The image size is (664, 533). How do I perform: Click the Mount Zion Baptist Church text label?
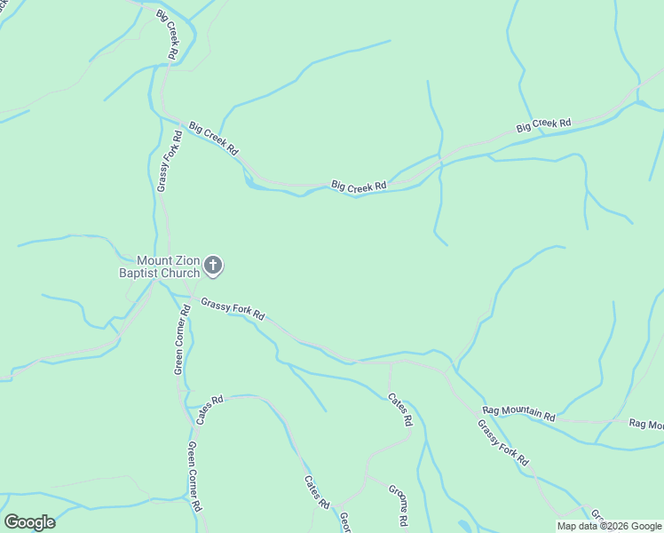(x=160, y=266)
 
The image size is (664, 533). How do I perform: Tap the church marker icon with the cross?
(x=213, y=265)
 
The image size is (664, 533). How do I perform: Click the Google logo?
(x=29, y=522)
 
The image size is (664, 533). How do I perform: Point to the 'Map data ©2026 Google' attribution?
(x=609, y=526)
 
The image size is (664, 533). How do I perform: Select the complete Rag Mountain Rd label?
(x=519, y=413)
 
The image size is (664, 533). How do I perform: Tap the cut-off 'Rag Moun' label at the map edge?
(x=645, y=425)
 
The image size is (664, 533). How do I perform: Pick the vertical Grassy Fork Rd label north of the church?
(x=169, y=161)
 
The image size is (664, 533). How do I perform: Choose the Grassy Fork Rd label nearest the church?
(x=233, y=308)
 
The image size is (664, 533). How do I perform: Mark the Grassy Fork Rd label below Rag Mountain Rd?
(x=502, y=443)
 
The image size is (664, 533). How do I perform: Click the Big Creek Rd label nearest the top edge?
(x=167, y=35)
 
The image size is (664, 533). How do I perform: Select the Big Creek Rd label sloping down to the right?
(x=214, y=139)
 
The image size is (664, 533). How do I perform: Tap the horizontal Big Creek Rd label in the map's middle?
(x=359, y=186)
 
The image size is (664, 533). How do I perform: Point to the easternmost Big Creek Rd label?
(x=543, y=125)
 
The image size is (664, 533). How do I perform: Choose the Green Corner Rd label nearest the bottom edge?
(x=196, y=477)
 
